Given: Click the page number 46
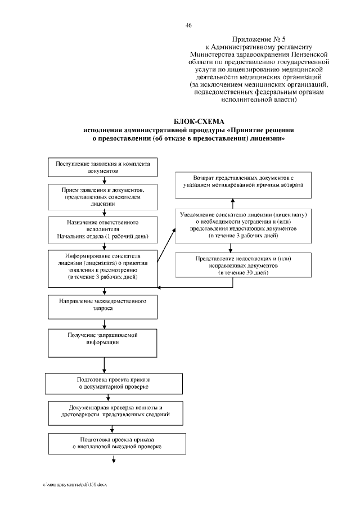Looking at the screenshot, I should pos(188,25).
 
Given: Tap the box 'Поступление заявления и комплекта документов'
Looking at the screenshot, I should pos(103,166).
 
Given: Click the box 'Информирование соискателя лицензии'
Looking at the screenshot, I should pos(103,266).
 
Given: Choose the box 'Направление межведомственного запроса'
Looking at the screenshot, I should pos(103,305).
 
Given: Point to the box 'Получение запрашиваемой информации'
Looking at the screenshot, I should pos(103,340).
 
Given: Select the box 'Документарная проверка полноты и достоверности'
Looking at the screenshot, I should pos(115,413).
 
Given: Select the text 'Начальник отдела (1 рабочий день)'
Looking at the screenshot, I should pos(103,237).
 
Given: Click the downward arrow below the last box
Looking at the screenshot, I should pos(114,460).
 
